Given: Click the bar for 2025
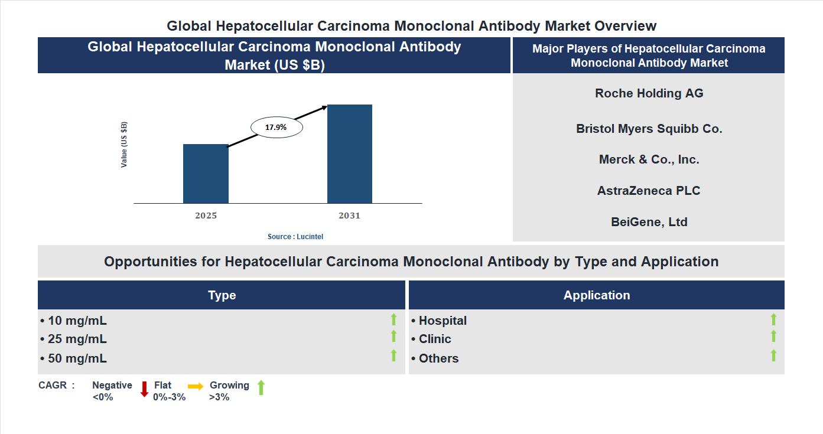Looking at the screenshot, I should [x=206, y=174].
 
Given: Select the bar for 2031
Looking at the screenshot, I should [x=350, y=154].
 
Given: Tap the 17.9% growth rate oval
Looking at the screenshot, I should [x=276, y=127].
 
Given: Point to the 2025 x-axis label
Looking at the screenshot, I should [x=206, y=216].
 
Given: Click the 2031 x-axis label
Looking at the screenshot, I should [x=349, y=216].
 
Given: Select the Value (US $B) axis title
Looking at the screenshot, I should [x=124, y=145].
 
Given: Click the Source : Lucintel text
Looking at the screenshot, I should [x=295, y=236].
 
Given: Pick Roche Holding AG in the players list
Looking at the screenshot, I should [x=649, y=93].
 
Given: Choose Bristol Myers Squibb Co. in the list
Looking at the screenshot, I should [x=649, y=128].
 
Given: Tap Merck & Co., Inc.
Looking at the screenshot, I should [x=649, y=159].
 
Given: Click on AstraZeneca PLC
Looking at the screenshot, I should [x=649, y=191].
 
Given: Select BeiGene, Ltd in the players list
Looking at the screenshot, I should [x=649, y=222].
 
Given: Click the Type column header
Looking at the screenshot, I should [x=222, y=295].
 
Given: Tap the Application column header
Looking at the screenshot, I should [x=596, y=295].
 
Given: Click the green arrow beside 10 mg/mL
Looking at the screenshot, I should [x=393, y=319].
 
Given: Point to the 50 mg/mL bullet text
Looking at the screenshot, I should [x=74, y=358].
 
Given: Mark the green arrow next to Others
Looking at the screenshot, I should [x=773, y=355].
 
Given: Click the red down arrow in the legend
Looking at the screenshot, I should [x=144, y=389].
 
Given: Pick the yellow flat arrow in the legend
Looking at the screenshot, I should [x=196, y=386].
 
